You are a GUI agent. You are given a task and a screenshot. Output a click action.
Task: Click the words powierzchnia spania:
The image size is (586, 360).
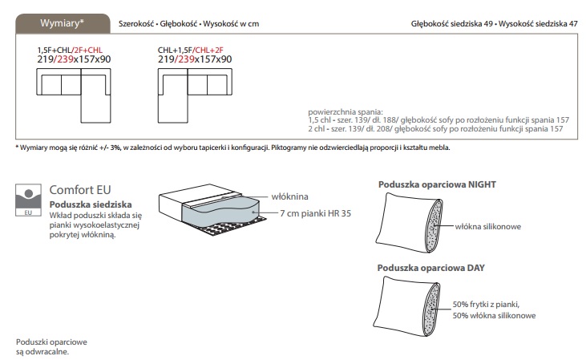click(346, 111)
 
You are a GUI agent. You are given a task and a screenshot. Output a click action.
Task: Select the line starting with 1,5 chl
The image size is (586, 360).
click(438, 119)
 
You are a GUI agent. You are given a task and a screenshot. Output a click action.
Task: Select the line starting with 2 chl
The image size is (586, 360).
click(438, 127)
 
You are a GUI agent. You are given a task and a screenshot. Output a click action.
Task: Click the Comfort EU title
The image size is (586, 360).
click(80, 190)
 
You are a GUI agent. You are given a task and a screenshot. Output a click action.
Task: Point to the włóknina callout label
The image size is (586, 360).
click(289, 196)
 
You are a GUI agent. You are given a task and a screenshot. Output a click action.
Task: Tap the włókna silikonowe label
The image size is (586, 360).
click(487, 227)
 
